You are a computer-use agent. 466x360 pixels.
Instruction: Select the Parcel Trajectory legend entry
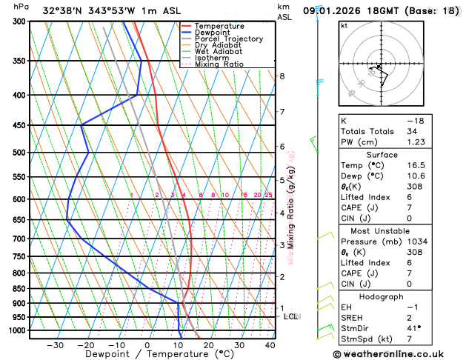pos(228,39)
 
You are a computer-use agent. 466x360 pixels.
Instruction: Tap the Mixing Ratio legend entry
pos(220,64)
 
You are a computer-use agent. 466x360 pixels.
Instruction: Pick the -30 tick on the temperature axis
pos(55,345)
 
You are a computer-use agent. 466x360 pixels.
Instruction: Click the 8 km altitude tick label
pos(282,76)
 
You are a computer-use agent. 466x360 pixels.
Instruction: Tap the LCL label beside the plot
pos(291,316)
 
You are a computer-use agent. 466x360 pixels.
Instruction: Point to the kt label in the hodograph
pos(344,25)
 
